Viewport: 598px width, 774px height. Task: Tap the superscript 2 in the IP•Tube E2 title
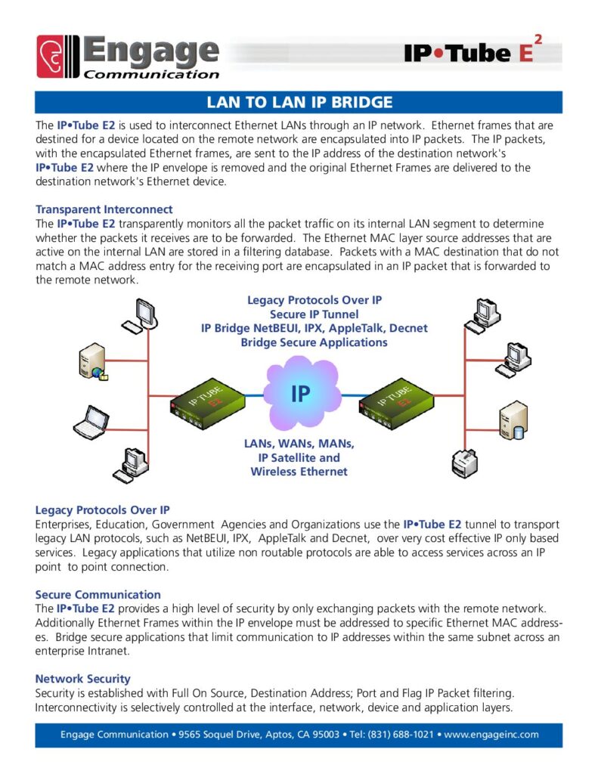538,39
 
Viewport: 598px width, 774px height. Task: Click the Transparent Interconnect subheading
104,209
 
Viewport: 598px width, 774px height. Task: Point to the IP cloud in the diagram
300,394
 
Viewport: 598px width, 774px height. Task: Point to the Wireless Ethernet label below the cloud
299,472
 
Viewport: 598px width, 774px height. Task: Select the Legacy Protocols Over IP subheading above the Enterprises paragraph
107,510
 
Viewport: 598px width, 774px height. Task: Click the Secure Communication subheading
98,594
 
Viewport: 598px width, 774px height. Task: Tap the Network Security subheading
83,679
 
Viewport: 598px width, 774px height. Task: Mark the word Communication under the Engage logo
151,74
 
